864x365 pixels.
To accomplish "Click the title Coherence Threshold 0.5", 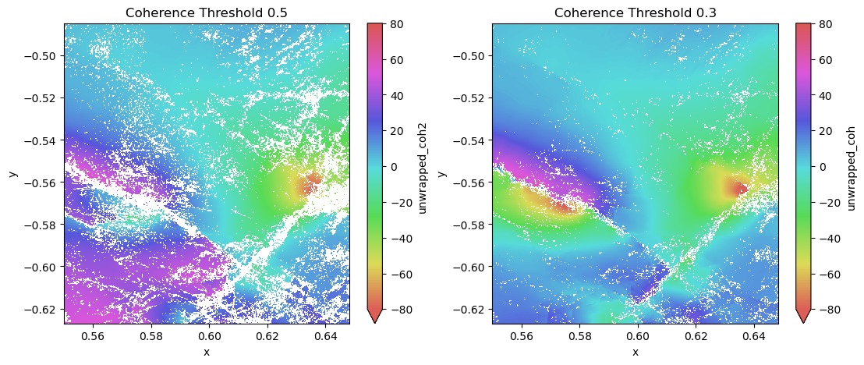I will point(207,13).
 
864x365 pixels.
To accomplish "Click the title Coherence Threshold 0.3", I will point(635,13).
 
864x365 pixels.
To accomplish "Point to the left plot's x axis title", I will point(207,352).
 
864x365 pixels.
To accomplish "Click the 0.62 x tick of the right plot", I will point(696,336).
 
